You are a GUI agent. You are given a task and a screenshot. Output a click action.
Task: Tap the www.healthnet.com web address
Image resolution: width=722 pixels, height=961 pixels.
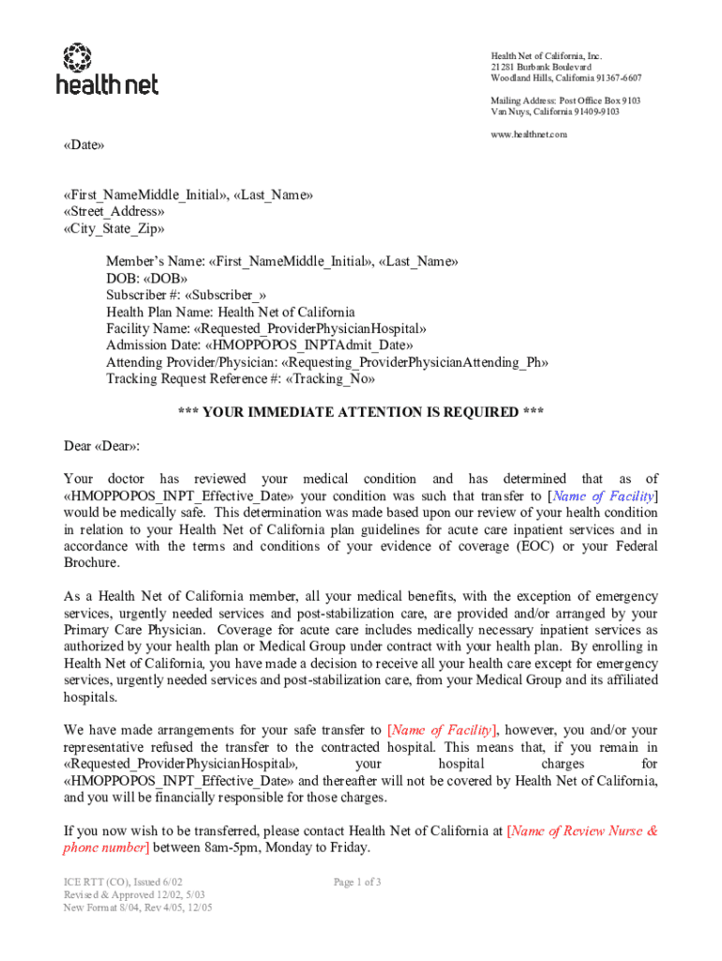point(529,134)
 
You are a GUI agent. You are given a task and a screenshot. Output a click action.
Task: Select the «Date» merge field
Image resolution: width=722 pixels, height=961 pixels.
point(83,145)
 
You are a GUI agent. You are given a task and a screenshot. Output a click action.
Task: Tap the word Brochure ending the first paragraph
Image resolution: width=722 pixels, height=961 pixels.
point(91,563)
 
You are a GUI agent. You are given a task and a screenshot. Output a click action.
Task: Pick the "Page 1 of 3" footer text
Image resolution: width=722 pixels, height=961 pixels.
point(356,882)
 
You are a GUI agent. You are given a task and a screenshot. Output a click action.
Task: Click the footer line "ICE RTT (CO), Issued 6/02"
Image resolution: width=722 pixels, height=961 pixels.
point(116,882)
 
